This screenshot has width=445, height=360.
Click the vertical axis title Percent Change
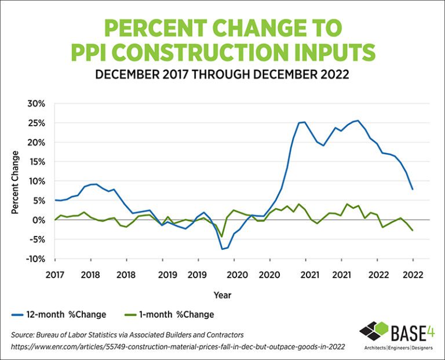[x=16, y=181]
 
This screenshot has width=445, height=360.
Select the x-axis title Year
[x=222, y=295]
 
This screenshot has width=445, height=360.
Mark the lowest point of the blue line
[x=222, y=249]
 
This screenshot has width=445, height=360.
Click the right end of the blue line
[x=412, y=189]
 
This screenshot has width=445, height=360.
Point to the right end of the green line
[x=412, y=231]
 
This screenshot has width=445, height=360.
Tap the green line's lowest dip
[x=221, y=237]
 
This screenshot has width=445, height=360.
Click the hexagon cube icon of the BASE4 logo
[x=373, y=332]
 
